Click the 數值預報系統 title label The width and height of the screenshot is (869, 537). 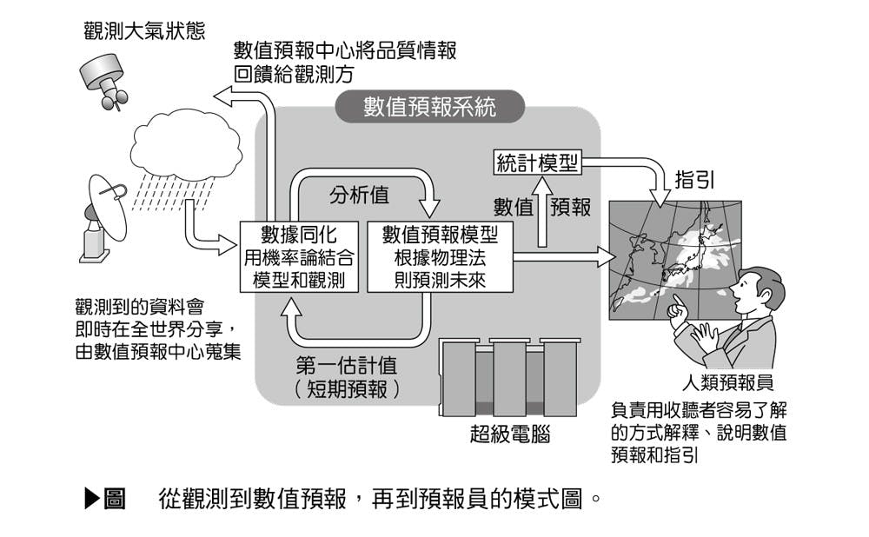click(430, 107)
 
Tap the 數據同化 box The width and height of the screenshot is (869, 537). click(299, 256)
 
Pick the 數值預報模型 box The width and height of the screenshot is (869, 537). click(440, 256)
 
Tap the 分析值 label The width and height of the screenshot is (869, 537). click(358, 196)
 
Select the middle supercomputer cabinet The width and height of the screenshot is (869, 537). click(509, 378)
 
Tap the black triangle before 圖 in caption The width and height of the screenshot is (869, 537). click(93, 498)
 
